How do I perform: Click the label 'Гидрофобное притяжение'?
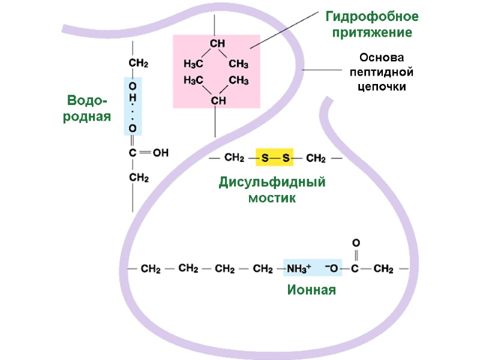click(x=372, y=24)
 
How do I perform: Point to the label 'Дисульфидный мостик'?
click(x=272, y=190)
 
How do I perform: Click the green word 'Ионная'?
click(x=311, y=290)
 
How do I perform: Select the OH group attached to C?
click(x=160, y=153)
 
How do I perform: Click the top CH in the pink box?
click(x=217, y=44)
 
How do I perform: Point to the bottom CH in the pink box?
click(x=217, y=100)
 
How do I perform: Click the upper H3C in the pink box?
click(x=193, y=64)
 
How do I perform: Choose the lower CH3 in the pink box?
click(x=238, y=80)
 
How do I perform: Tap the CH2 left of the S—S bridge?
click(x=234, y=158)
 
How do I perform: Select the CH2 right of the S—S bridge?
click(x=316, y=158)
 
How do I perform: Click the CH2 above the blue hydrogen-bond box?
click(x=139, y=63)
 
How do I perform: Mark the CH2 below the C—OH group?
click(x=139, y=178)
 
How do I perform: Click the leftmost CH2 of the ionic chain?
click(x=150, y=269)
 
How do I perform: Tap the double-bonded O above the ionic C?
click(x=355, y=242)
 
